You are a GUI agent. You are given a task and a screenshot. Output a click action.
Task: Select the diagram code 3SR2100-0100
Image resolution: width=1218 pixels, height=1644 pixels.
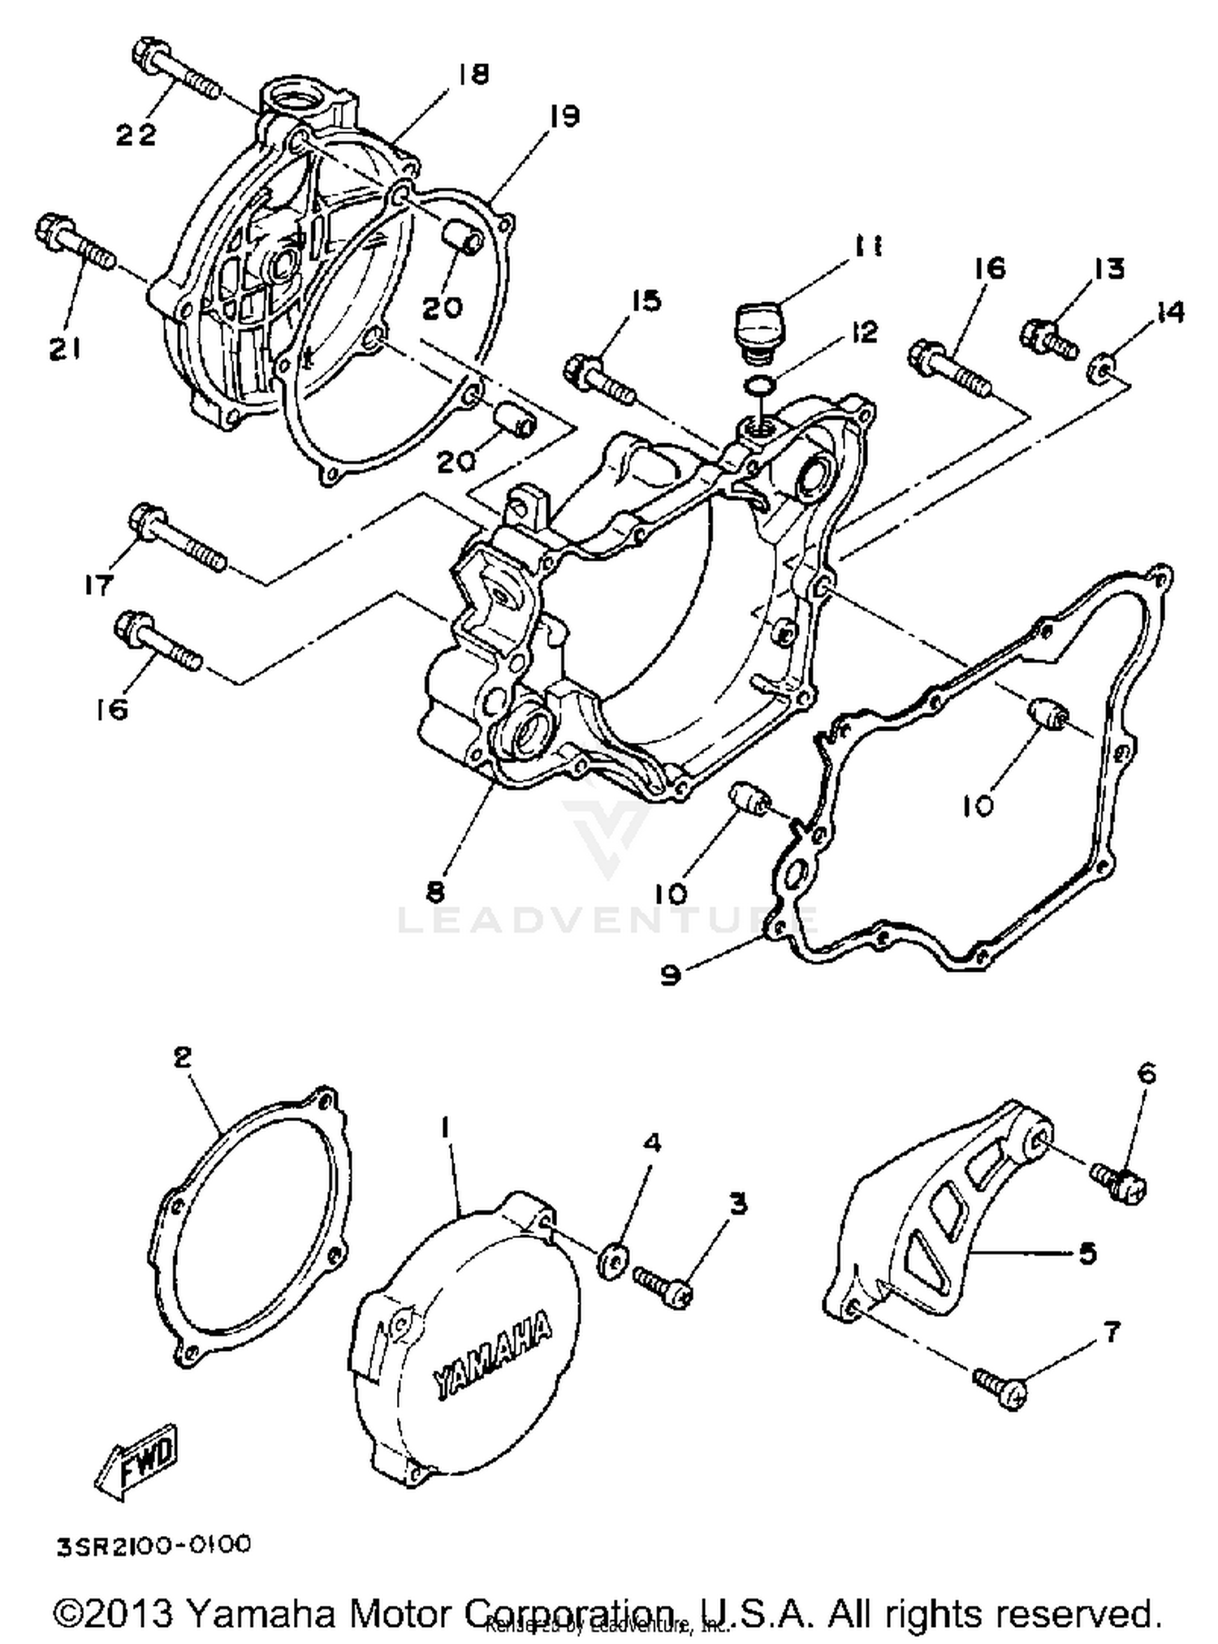(x=153, y=1544)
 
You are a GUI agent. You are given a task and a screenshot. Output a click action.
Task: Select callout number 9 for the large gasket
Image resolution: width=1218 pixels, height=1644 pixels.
(x=670, y=973)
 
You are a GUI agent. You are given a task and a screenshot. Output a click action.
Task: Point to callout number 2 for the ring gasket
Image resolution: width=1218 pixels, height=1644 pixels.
(x=182, y=1057)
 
